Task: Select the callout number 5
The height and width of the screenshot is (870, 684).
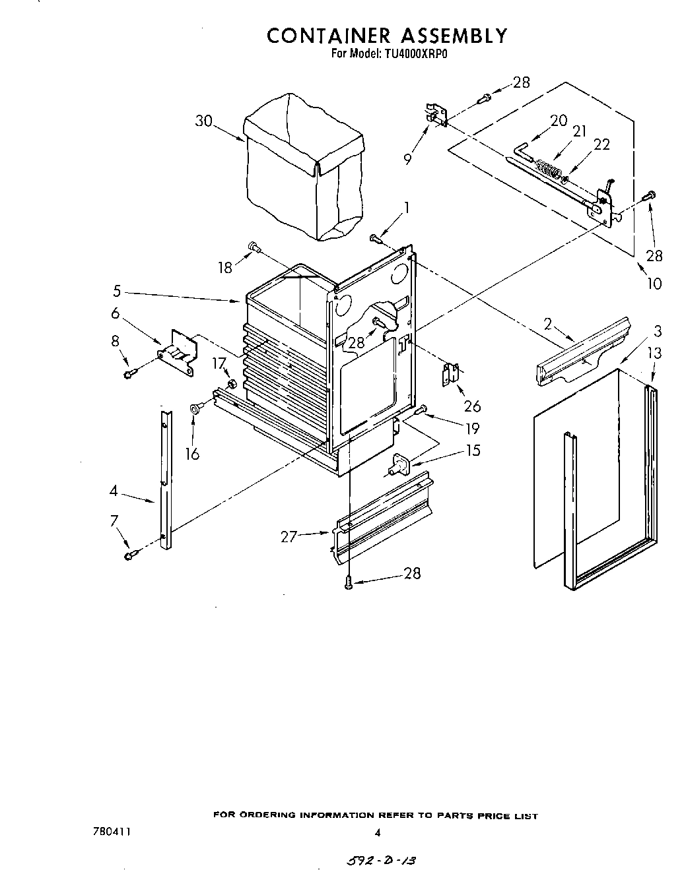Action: coord(116,291)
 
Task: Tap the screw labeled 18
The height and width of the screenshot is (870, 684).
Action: coord(254,247)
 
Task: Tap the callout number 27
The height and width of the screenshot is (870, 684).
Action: coord(289,536)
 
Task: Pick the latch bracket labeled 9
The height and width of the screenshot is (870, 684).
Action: coord(436,113)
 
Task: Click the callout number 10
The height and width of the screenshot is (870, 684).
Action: coord(653,284)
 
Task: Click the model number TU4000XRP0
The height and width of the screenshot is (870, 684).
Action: coord(412,55)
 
